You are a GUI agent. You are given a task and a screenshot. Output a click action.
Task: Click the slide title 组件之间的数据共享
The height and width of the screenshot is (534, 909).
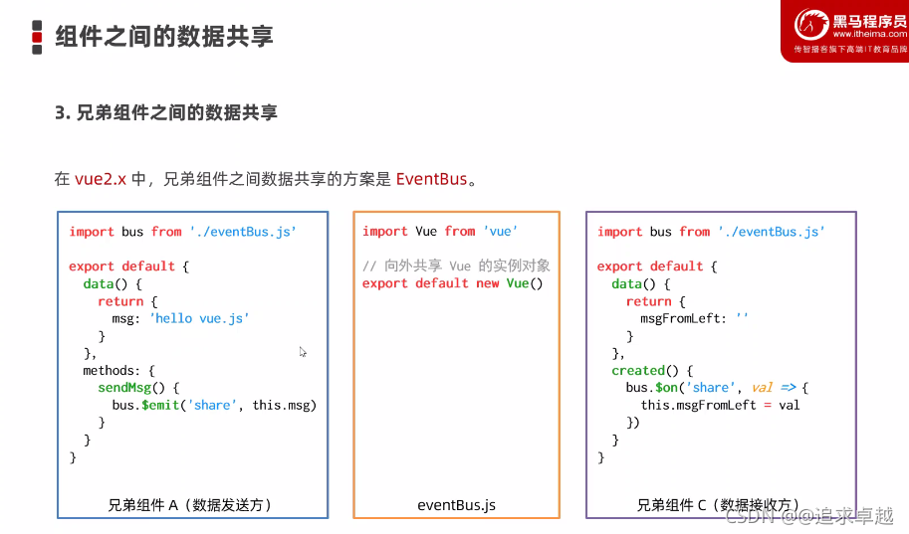point(164,37)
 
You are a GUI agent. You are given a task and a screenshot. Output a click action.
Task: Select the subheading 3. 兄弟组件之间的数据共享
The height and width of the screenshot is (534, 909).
point(166,112)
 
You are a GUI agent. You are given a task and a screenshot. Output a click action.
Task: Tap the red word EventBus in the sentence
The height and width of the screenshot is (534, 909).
point(431,180)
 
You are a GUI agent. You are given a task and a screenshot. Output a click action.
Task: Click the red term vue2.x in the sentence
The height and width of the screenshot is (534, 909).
point(101,180)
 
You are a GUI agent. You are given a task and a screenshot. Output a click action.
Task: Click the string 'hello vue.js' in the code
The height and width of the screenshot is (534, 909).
point(199,318)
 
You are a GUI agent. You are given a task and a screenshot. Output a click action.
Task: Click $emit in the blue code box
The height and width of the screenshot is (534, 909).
point(156,406)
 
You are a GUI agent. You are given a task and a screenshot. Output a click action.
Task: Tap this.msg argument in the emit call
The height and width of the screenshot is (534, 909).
point(284,406)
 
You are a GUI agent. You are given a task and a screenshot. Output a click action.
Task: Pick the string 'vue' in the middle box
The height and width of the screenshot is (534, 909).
point(500,232)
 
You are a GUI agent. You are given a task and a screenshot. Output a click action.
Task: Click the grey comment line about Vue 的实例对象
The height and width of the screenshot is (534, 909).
point(456,266)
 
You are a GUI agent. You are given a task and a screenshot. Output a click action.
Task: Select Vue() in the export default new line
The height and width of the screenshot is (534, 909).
point(525,283)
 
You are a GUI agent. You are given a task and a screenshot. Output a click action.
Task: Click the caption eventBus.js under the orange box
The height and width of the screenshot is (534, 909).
point(456,505)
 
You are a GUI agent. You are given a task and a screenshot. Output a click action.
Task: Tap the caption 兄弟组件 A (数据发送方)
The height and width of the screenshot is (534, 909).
point(190,505)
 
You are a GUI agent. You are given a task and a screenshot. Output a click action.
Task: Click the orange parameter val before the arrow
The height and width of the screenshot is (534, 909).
point(763,388)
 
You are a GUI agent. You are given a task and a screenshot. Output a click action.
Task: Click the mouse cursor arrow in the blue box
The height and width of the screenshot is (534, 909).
point(303,351)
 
